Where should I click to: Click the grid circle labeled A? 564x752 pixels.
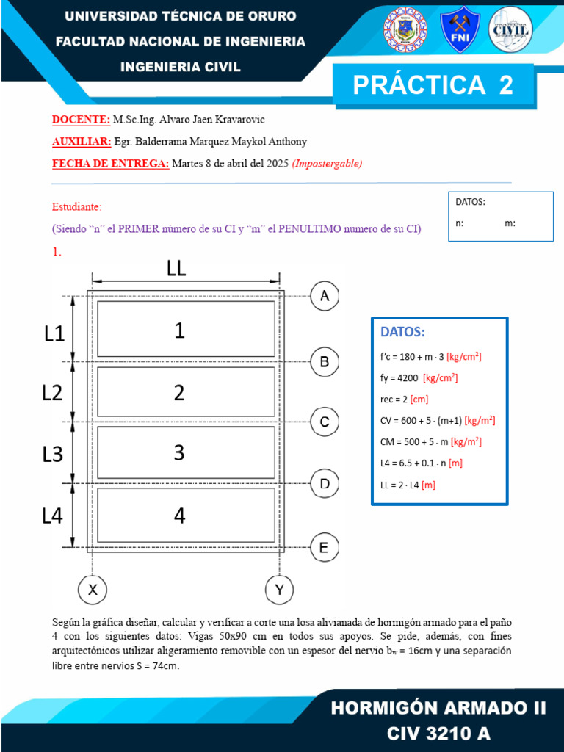coord(325,296)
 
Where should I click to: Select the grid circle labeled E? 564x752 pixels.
coord(325,547)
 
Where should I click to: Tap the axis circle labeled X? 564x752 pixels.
coord(93,589)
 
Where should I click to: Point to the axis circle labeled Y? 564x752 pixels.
coord(279,589)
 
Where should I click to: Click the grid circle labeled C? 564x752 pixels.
coord(325,422)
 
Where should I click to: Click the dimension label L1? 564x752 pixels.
coord(54,333)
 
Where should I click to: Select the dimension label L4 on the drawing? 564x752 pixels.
coord(52,516)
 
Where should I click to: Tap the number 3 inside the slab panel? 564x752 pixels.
coord(179,453)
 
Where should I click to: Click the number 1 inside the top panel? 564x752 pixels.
coord(179,331)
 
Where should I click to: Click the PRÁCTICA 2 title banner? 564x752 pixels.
coord(433,85)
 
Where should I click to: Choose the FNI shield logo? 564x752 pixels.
coord(460,29)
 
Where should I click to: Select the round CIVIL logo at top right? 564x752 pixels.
coord(510,29)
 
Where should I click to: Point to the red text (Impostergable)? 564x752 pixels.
coord(327,164)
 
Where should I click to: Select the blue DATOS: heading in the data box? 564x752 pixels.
coord(402,332)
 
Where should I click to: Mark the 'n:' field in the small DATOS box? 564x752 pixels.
coord(460,223)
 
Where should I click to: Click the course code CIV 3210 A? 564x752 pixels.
coord(438,732)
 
